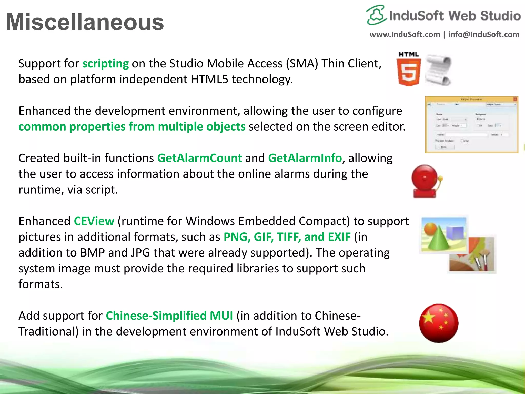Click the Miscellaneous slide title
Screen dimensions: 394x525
click(x=85, y=22)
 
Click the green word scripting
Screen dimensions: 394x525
click(x=105, y=64)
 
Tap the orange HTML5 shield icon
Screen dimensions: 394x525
click(x=409, y=72)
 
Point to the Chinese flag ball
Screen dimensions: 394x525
click(x=439, y=323)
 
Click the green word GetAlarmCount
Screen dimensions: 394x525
click(x=199, y=158)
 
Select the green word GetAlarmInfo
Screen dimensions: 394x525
click(x=305, y=158)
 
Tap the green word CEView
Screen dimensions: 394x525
click(x=94, y=221)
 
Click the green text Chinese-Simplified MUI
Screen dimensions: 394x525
click(x=169, y=316)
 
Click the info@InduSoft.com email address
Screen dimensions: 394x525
click(x=483, y=35)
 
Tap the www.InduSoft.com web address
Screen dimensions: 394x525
click(x=405, y=35)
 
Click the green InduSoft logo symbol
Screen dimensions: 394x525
click(x=376, y=15)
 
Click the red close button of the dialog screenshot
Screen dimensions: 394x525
click(x=515, y=99)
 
